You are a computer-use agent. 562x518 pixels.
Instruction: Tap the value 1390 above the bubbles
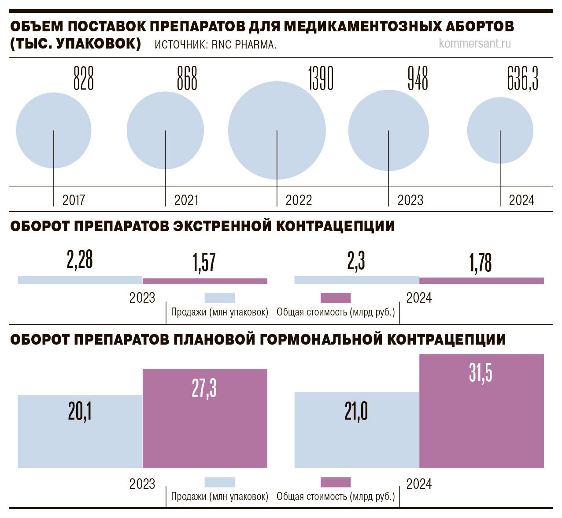[x=321, y=79]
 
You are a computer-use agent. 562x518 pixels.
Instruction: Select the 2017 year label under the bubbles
[x=74, y=200]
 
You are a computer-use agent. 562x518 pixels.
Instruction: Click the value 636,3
[x=523, y=79]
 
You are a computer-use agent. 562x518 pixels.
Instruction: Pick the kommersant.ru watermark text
[x=475, y=44]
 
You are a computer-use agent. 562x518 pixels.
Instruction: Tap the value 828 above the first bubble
[x=83, y=79]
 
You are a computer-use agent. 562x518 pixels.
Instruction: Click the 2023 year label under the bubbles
[x=410, y=200]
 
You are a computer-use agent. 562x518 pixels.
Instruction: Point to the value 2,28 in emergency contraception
[x=80, y=259]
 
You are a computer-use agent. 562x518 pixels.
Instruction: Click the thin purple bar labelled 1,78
[x=481, y=281]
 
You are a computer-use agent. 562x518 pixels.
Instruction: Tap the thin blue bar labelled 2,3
[x=356, y=280]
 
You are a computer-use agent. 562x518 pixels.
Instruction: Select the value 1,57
[x=204, y=262]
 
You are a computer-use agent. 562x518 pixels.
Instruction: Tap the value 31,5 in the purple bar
[x=481, y=373]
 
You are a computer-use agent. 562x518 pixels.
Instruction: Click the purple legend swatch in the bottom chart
[x=336, y=482]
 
